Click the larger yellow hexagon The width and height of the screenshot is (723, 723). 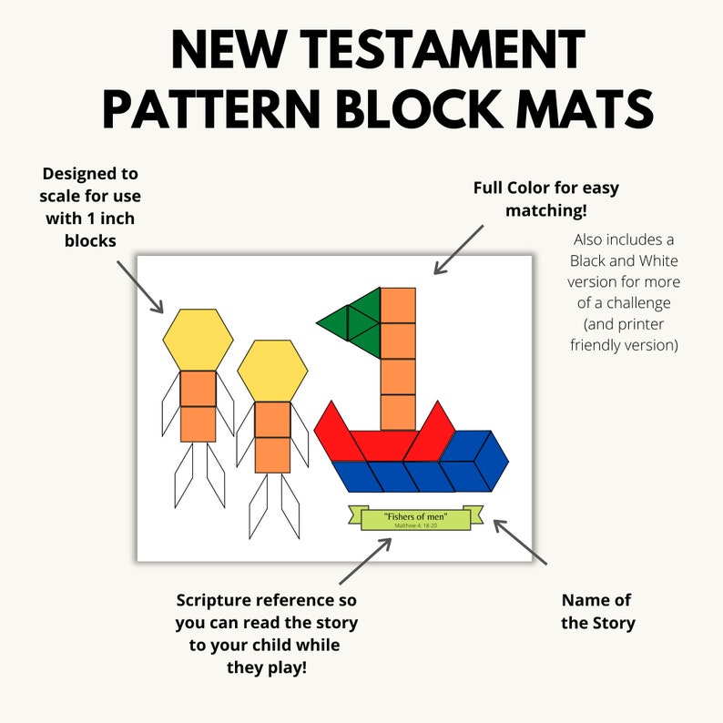[198, 339]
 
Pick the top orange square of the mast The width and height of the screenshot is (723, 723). [398, 305]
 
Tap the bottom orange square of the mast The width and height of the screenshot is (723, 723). [398, 412]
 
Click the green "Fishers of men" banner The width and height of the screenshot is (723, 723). [415, 518]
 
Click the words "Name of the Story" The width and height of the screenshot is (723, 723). [597, 612]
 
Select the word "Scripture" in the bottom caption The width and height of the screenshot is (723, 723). [220, 601]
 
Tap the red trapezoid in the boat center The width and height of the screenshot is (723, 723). [382, 445]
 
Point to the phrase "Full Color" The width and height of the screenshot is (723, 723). [515, 188]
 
